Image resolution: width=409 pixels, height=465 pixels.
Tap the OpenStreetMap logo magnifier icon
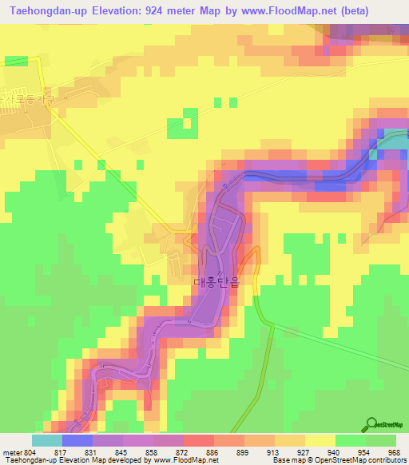(x=371, y=424)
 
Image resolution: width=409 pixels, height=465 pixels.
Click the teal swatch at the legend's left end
(x=47, y=439)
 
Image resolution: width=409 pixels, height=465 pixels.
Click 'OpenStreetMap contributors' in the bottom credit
(x=364, y=460)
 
